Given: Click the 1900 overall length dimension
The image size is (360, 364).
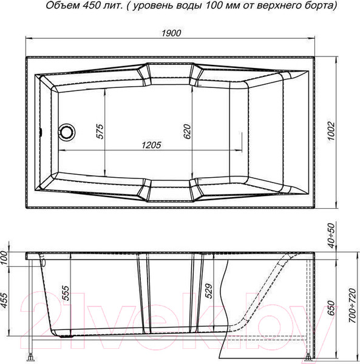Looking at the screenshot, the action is coord(171,33).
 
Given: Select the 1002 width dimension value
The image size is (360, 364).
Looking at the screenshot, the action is coord(331,131).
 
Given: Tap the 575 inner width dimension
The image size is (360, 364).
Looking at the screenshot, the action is coord(100,132).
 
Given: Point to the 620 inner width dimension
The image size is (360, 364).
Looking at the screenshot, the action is coord(187,132).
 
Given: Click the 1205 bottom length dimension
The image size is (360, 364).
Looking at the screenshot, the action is coord(151,145).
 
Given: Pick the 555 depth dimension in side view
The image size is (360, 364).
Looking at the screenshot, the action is coord(66,293).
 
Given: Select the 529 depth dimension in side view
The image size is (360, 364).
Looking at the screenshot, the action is coord(209,291).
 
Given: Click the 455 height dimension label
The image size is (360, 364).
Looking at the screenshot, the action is coord(4,301).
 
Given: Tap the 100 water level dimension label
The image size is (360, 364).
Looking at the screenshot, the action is coord(4,258).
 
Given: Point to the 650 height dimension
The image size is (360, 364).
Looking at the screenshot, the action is coord(331,308).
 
